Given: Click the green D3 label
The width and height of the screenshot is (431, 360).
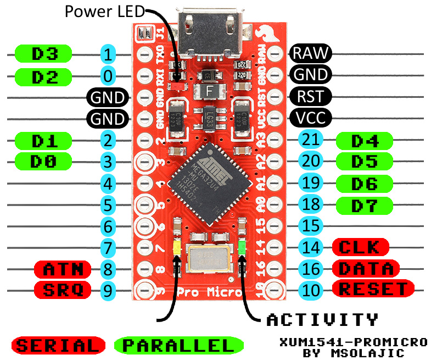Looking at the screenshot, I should coord(44,53).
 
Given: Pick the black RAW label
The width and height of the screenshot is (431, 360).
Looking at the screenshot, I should coord(310,53).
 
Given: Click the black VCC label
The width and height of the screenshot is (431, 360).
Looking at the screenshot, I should coord(310,117).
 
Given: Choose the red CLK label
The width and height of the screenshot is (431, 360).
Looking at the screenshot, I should coord(361,246).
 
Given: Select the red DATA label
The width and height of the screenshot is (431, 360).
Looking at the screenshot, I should coord(366,268).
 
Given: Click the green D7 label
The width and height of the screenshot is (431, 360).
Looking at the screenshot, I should coord(365,205).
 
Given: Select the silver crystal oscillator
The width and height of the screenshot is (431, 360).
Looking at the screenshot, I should coord(209,258).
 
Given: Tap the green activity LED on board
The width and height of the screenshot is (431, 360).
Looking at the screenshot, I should coord(241,249).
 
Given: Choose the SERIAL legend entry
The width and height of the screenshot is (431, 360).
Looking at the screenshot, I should coord(58,345).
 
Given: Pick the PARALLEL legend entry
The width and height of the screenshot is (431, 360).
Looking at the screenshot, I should coord(178,345).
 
